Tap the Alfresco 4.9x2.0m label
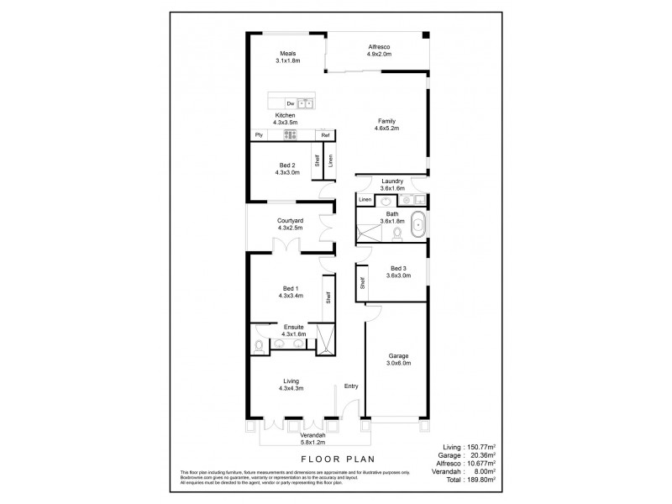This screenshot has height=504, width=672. (x=380, y=50)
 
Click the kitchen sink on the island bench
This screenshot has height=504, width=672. (x=307, y=103)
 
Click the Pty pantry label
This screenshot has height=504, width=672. (x=260, y=134)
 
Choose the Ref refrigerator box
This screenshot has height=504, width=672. (x=324, y=134)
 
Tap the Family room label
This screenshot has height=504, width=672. (x=386, y=123)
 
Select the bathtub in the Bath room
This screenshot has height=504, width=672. (x=417, y=224)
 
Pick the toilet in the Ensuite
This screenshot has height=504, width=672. (x=259, y=345)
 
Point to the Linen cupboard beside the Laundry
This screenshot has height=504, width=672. (x=365, y=200)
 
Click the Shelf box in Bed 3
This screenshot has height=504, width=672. (x=362, y=283)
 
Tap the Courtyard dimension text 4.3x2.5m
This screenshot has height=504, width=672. (x=289, y=228)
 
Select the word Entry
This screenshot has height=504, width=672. (x=352, y=386)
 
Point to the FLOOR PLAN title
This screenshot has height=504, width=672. (x=336, y=459)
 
